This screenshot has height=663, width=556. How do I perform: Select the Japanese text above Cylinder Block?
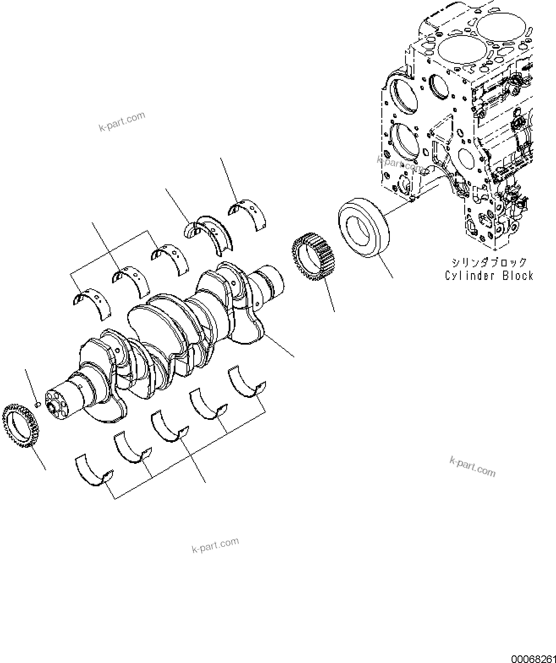click(489, 263)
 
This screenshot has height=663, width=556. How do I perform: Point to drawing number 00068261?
click(533, 658)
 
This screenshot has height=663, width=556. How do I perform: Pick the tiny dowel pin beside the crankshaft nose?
click(37, 405)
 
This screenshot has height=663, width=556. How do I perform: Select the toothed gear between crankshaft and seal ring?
click(313, 257)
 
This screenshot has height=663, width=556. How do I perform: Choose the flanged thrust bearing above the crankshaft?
click(209, 234)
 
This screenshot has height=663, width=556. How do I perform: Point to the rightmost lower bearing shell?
click(247, 382)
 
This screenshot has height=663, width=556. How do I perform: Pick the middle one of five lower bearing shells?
click(170, 426)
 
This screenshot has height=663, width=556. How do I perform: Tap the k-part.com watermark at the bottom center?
click(215, 545)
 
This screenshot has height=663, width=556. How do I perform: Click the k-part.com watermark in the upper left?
click(122, 121)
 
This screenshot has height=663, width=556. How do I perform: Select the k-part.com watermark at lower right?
click(472, 466)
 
